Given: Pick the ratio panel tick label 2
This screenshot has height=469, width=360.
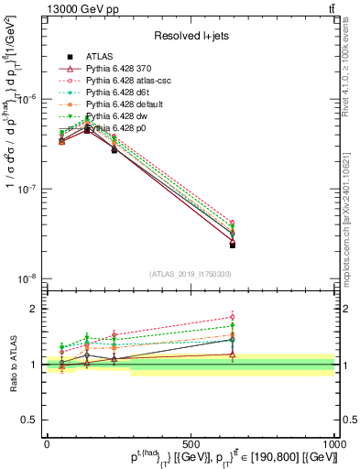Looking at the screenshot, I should (x=35, y=309).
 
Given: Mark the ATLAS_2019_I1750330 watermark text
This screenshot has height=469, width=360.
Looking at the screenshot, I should (x=190, y=274).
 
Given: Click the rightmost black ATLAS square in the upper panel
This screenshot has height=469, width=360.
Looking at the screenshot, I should (x=233, y=245).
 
